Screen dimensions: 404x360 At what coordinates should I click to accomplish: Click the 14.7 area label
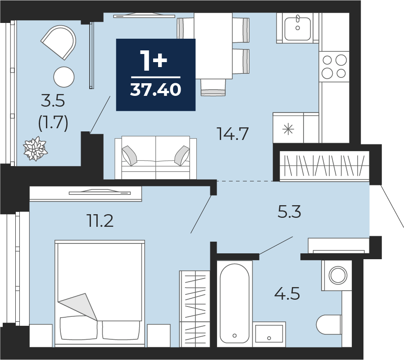pos(233,134)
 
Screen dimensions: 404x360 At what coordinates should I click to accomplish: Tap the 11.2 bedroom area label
pos(100,221)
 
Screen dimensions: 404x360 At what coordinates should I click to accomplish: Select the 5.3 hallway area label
pos(289,212)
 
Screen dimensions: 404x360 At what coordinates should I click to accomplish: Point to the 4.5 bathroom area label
pos(287,293)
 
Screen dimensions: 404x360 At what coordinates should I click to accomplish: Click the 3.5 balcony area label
pos(53,100)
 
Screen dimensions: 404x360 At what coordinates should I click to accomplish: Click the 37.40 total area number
pos(156,90)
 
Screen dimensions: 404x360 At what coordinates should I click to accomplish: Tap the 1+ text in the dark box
pos(154,60)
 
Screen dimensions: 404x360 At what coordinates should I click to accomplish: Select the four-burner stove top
pos(334,67)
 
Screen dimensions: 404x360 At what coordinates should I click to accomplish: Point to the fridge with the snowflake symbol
pos(296,128)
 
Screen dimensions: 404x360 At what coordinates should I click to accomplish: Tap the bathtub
pos(235,304)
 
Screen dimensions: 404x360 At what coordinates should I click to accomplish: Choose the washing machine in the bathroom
pos(336,275)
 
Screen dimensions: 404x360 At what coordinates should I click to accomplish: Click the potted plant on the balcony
pos(35,149)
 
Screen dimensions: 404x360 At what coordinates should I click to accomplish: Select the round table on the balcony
pos(64,77)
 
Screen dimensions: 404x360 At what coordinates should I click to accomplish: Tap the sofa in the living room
pos(156,157)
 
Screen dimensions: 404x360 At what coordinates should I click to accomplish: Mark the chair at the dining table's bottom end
pos(213,87)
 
